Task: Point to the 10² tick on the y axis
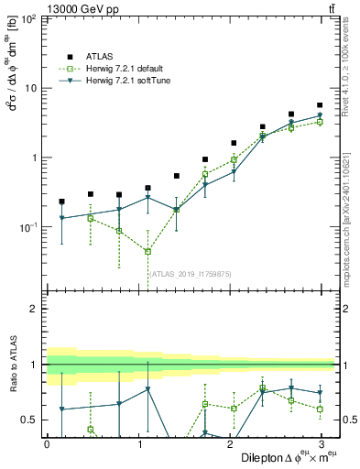[x=27, y=18]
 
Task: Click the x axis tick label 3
[x=320, y=444]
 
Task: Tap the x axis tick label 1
[x=137, y=444]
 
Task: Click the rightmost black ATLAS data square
[x=320, y=105]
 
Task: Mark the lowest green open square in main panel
[x=147, y=251]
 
